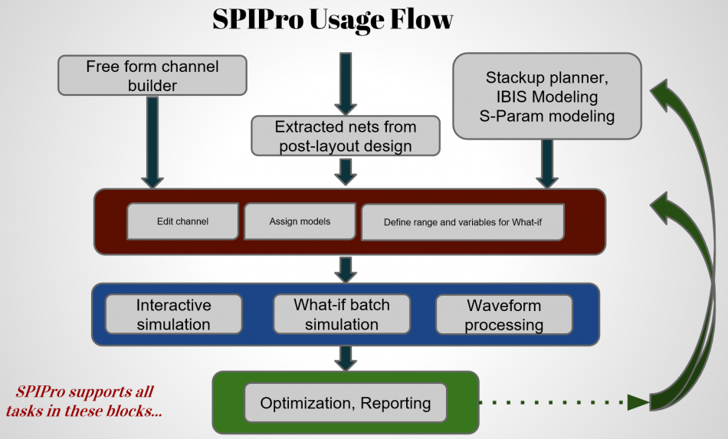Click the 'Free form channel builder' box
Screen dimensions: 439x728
tap(152, 77)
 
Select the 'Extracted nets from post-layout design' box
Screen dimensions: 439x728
tap(345, 136)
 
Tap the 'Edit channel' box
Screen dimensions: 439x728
tap(182, 221)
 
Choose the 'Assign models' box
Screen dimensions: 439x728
tap(300, 221)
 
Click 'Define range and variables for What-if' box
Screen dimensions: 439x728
tap(462, 223)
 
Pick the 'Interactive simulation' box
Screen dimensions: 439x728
tap(173, 314)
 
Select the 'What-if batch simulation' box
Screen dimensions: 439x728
tap(341, 314)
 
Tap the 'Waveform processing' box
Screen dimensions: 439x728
tap(503, 315)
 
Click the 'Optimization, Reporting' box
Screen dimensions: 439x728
tap(345, 403)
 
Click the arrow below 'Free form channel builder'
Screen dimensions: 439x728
tap(152, 141)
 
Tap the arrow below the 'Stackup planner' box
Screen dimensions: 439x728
tap(546, 163)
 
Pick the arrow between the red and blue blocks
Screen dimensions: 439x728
tap(346, 269)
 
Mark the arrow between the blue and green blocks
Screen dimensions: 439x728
tap(346, 358)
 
